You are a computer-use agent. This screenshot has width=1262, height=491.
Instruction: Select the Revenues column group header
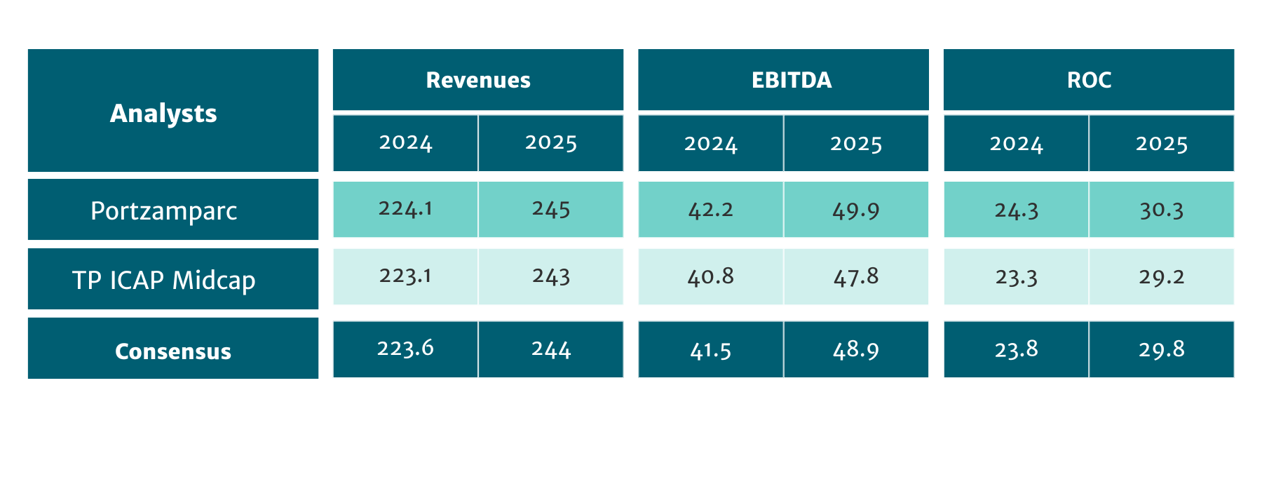pos(477,80)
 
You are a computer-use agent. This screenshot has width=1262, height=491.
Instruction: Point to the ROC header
pos(1088,80)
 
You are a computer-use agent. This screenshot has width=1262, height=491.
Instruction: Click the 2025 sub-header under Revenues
pos(550,143)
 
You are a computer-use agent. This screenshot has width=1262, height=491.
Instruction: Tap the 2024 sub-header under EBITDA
pos(710,144)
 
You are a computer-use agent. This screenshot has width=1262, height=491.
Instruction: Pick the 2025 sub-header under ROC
pos(1161,144)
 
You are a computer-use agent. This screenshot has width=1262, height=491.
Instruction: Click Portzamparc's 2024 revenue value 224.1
pos(405,209)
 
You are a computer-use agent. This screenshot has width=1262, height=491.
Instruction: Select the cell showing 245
pos(550,209)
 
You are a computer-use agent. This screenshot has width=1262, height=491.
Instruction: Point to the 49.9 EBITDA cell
pos(855,210)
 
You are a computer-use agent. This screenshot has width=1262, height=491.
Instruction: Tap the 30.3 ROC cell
pos(1161,210)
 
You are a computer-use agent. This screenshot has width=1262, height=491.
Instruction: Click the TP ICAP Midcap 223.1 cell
pos(405,276)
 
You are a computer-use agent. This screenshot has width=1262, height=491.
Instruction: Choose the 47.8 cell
pos(855,276)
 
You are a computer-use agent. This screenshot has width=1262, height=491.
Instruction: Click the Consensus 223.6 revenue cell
pos(405,349)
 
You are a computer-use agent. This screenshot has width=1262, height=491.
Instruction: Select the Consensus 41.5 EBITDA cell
pos(710,349)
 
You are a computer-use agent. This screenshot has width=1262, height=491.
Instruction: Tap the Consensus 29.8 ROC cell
pos(1161,349)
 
